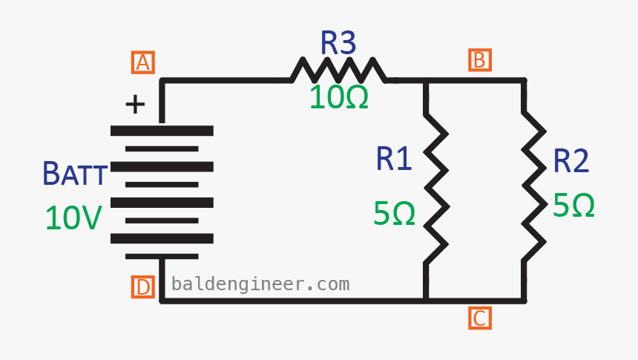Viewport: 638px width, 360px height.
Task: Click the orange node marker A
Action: click(x=142, y=62)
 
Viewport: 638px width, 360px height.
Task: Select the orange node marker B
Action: click(x=479, y=60)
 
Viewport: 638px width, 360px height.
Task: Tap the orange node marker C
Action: click(x=479, y=318)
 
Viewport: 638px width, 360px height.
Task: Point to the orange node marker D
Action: click(x=142, y=287)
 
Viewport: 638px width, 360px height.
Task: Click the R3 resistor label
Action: click(x=338, y=44)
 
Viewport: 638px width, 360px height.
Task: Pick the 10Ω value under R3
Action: click(x=339, y=97)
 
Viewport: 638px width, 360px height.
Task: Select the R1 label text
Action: click(x=393, y=160)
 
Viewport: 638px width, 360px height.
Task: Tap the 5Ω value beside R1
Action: click(x=393, y=214)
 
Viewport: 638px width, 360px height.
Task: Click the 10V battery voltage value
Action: click(x=73, y=218)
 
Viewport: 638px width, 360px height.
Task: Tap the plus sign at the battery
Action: click(x=135, y=105)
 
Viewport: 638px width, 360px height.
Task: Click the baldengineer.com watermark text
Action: click(x=260, y=284)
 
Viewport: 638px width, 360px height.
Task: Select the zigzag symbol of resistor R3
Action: click(x=338, y=71)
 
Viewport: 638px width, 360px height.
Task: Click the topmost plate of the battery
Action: click(x=162, y=131)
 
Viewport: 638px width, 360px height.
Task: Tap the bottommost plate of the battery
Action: click(x=162, y=255)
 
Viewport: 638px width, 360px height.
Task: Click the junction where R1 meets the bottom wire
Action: click(x=426, y=300)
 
